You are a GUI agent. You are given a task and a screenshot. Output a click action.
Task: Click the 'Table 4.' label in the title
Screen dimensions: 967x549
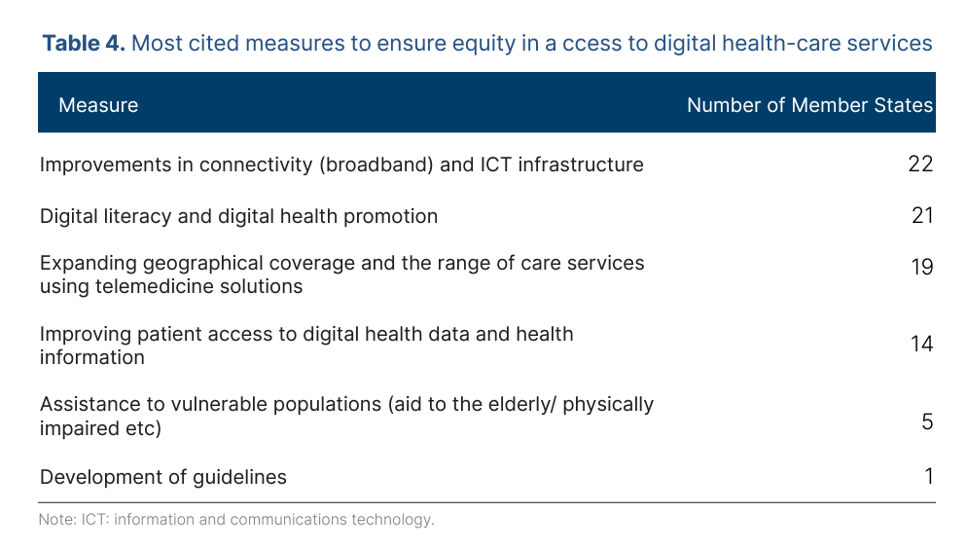point(84,43)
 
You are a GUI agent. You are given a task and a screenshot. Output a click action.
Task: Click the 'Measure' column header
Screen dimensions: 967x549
point(98,105)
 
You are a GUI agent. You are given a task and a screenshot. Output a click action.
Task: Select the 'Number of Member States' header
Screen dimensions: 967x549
point(809,105)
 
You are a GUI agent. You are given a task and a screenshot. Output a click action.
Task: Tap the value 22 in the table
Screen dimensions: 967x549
point(920,164)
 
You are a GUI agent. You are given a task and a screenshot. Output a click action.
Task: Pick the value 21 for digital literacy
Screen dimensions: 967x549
point(922,215)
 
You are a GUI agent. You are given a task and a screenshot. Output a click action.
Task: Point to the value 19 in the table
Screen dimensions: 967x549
point(922,267)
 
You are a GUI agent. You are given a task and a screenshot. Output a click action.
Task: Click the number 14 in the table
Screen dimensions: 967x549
point(922,344)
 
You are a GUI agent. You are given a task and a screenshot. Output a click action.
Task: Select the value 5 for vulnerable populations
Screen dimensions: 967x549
point(927,421)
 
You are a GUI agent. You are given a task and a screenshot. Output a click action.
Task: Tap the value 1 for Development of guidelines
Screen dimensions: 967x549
point(929,476)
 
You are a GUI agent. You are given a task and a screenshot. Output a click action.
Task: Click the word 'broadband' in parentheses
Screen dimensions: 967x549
point(376,165)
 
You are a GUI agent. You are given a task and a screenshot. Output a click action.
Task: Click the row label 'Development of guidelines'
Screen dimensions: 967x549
point(163,477)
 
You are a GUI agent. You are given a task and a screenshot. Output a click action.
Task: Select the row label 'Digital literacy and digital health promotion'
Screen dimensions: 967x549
point(238,216)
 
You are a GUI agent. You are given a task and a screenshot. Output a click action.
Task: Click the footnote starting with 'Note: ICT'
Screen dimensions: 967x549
point(236,520)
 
